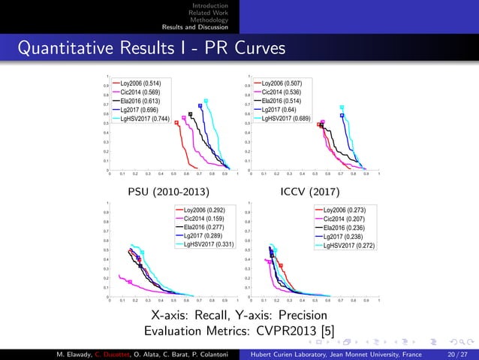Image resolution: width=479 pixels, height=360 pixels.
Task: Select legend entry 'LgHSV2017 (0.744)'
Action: (x=145, y=119)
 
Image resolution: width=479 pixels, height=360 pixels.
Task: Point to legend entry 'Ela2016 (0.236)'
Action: (x=343, y=227)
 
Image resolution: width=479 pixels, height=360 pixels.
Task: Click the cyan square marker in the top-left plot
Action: (x=206, y=101)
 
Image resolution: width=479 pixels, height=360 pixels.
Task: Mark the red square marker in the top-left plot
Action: (x=176, y=123)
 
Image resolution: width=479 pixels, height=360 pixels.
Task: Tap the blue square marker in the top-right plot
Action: (x=342, y=115)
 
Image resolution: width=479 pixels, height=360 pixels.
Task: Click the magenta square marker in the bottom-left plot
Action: (x=130, y=283)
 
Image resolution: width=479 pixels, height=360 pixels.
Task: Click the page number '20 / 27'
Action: (x=456, y=354)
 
